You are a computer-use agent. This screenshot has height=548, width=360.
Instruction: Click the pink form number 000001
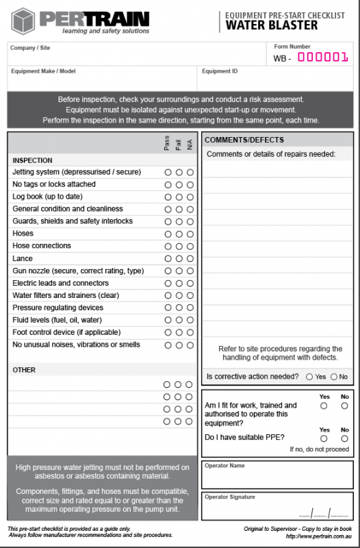click(323, 58)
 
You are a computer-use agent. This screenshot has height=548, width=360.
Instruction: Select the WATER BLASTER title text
click(272, 25)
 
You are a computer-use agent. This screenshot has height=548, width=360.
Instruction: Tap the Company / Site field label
click(30, 48)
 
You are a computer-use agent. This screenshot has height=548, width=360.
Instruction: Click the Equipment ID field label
click(220, 71)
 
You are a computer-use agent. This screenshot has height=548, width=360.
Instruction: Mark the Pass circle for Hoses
click(168, 234)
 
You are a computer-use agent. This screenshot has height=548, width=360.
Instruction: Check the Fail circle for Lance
click(179, 258)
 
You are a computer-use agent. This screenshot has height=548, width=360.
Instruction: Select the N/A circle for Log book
click(190, 197)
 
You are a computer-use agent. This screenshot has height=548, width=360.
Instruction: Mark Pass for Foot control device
click(168, 332)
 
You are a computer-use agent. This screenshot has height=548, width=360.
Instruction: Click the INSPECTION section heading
click(32, 160)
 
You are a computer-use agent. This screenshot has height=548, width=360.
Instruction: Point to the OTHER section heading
click(24, 370)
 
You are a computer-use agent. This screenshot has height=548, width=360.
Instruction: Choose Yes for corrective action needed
click(310, 377)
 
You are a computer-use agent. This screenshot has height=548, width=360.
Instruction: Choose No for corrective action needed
click(334, 377)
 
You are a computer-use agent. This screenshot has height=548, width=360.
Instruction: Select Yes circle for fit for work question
click(324, 406)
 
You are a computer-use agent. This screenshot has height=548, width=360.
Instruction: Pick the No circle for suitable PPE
click(344, 438)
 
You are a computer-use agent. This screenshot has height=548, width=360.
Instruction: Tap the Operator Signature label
click(230, 497)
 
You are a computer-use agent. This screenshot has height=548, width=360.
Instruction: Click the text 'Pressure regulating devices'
click(58, 308)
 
